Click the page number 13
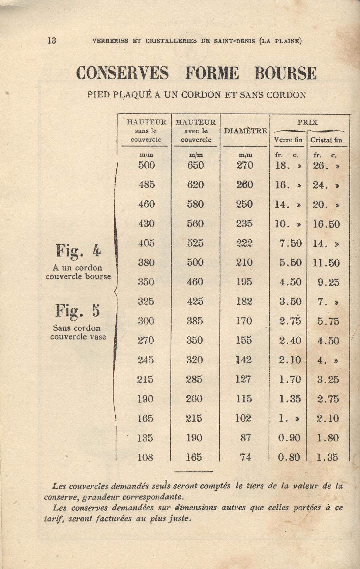pos(51,40)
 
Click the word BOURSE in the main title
pos(285,73)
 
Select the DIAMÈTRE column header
pos(245,131)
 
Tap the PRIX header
pos(307,122)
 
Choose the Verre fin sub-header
pos(288,140)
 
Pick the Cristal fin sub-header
pos(326,140)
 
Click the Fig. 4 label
pos(78,251)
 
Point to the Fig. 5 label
pos(78,311)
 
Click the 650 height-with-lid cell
pos(195,165)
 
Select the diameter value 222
pos(244,243)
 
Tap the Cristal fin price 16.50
pos(326,224)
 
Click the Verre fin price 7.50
pos(290,243)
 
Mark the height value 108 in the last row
pos(145,457)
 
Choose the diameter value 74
pos(245,457)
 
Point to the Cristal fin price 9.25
pos(328,282)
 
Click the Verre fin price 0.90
pos(289,438)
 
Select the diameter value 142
pos(244,360)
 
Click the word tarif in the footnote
pos(53,518)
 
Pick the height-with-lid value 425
pos(195,302)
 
